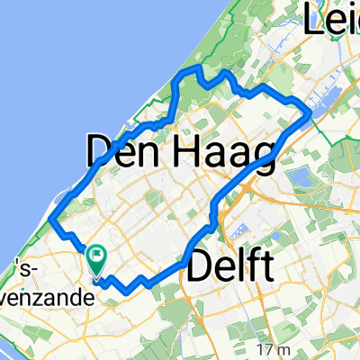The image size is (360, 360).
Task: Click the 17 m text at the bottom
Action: click(268, 349)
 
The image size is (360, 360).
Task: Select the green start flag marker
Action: click(95, 258)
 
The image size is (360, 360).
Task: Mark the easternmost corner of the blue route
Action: click(310, 112)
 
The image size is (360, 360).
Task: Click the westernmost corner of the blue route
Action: click(52, 220)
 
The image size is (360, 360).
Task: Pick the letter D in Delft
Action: click(200, 267)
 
